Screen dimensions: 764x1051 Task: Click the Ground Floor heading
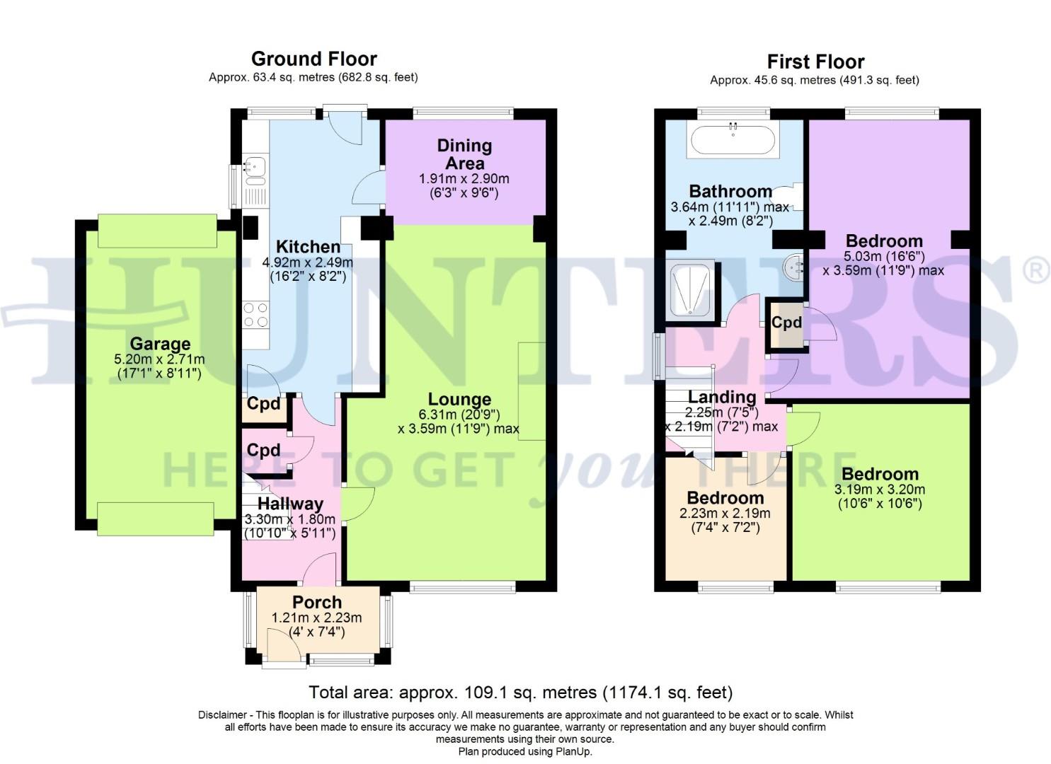click(x=314, y=59)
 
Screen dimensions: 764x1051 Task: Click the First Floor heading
click(x=815, y=62)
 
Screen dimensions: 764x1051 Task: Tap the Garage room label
click(x=159, y=345)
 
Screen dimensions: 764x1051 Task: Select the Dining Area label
click(x=464, y=154)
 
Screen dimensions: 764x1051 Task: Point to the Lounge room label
click(x=459, y=400)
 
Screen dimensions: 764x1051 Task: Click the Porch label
click(x=317, y=602)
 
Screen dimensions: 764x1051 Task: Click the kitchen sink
click(x=253, y=168)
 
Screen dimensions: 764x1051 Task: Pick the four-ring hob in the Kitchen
click(x=255, y=314)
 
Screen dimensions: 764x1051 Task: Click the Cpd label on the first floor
click(x=786, y=323)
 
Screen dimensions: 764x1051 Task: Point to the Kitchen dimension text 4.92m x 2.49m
click(x=308, y=262)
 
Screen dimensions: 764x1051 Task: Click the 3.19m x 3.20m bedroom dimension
click(x=880, y=490)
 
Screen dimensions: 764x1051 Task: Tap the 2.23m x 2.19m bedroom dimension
click(x=725, y=514)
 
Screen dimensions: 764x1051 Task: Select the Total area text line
click(x=520, y=692)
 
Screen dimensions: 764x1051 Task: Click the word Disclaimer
click(x=222, y=715)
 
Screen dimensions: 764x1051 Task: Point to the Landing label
click(x=722, y=398)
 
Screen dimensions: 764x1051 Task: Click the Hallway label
click(x=290, y=504)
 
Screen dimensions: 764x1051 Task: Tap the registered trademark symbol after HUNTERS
click(x=1036, y=271)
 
